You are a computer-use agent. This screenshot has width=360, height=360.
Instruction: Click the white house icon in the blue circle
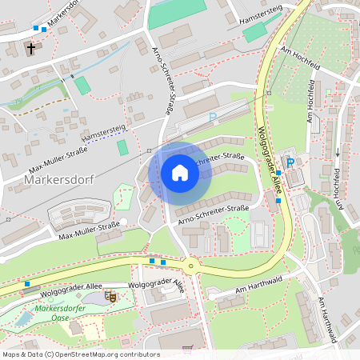tap(180, 173)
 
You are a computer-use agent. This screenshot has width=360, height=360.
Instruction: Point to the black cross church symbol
tap(31, 49)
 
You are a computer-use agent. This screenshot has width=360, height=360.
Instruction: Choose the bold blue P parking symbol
tap(290, 162)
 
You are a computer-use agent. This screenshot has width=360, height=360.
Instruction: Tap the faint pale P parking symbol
tap(212, 118)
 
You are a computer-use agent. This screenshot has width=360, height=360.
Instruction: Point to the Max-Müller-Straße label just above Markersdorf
tap(58, 160)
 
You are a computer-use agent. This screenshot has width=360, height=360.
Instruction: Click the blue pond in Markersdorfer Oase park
tap(23, 318)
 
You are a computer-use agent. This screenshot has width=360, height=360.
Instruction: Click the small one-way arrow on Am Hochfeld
tap(338, 152)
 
